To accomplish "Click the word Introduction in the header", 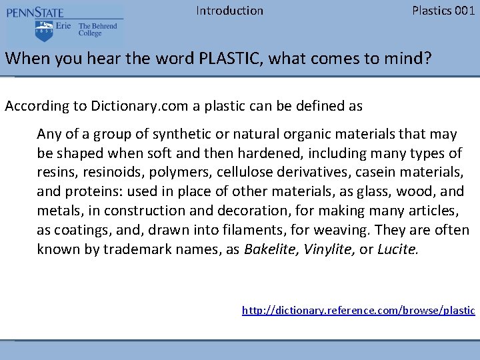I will (229, 11).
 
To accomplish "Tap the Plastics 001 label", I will (443, 11).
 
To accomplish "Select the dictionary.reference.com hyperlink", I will (358, 310).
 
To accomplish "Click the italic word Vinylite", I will (328, 250).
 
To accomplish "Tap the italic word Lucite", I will (398, 250).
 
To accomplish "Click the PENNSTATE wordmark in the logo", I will (35, 13).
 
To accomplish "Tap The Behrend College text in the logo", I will (97, 29).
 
